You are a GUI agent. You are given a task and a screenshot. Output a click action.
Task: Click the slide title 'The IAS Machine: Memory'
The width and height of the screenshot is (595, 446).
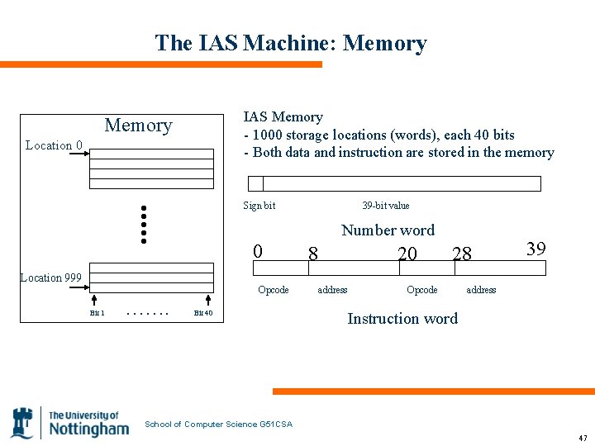click(291, 43)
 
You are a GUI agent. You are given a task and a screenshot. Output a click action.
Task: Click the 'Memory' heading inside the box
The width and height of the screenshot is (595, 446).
click(138, 126)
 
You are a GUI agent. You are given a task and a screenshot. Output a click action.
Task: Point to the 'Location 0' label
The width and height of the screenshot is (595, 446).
click(54, 146)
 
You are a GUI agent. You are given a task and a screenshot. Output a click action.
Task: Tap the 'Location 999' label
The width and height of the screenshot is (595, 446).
click(51, 278)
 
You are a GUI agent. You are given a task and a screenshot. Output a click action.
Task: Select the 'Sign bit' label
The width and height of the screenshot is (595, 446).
click(259, 206)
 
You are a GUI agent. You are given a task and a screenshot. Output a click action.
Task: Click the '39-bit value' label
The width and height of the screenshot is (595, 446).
click(385, 206)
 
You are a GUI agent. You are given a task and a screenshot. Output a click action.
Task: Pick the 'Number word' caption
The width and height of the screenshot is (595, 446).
click(388, 230)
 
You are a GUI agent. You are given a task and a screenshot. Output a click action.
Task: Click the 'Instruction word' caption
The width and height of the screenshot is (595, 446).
click(402, 319)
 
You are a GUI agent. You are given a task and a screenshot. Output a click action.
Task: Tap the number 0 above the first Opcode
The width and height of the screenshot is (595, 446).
click(258, 250)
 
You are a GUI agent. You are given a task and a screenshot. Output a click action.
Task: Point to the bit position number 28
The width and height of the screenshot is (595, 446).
click(462, 254)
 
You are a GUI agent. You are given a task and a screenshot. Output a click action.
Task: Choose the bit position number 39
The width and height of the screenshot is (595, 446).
click(535, 248)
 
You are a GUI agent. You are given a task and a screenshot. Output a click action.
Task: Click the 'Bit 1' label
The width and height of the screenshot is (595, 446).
click(97, 313)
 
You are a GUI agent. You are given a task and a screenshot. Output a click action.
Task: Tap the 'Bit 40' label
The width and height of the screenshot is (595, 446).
click(202, 313)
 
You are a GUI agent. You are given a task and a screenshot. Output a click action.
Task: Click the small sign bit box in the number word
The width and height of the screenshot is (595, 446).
click(256, 183)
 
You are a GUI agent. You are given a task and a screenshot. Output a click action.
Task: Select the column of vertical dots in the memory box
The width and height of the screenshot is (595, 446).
click(143, 224)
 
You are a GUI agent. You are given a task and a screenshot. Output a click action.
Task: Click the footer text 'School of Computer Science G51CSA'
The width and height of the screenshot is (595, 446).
click(218, 425)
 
